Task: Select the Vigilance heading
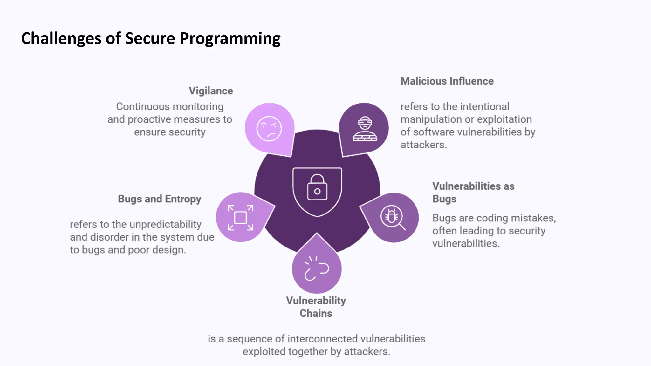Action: click(x=211, y=91)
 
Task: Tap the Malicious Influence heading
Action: click(x=447, y=81)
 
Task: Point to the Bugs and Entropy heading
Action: click(x=160, y=199)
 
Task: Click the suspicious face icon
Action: click(x=269, y=128)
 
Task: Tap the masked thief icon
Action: click(x=365, y=128)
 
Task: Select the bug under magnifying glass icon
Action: click(x=392, y=218)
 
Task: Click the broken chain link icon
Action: click(x=316, y=269)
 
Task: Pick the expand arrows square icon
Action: click(x=241, y=218)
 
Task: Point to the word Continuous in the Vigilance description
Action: click(x=138, y=106)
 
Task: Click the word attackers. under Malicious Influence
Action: click(x=424, y=145)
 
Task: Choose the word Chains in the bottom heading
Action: click(x=316, y=313)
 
